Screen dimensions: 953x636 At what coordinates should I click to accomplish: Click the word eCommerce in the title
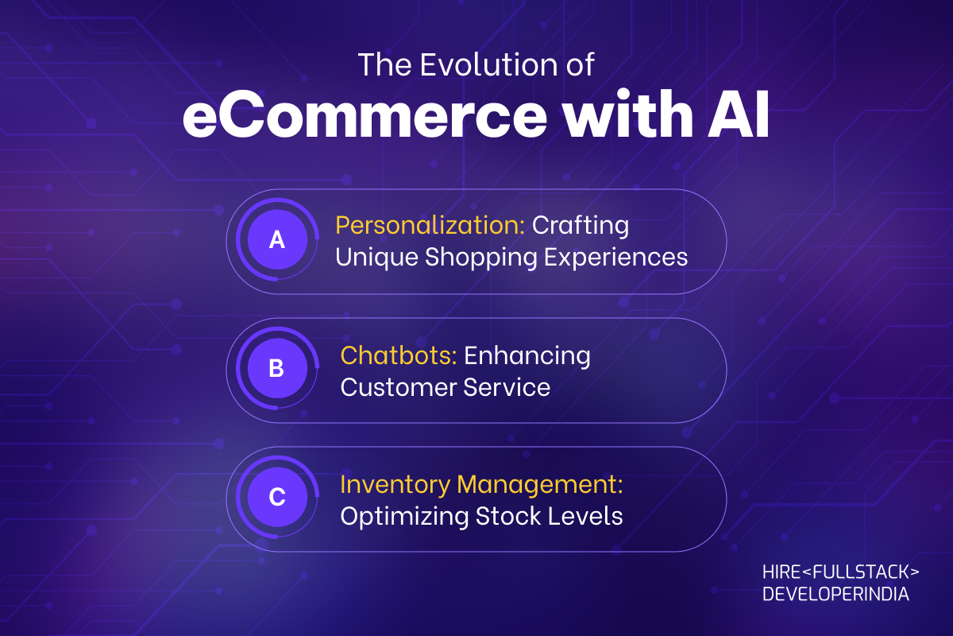(365, 115)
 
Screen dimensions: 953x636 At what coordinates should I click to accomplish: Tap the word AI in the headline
(738, 114)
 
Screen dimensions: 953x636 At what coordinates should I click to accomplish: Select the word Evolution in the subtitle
(489, 64)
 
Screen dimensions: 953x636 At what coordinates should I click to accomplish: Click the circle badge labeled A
(277, 239)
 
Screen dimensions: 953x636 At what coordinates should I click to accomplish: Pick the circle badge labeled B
(277, 368)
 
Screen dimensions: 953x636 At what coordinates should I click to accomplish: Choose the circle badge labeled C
(277, 497)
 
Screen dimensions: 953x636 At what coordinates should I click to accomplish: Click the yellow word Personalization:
(430, 225)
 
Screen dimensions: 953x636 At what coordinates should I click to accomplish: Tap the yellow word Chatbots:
(399, 355)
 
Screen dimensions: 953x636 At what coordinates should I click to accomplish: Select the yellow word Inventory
(395, 485)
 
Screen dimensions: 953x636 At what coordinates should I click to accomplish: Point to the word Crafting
(581, 226)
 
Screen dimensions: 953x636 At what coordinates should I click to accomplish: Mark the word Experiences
(616, 258)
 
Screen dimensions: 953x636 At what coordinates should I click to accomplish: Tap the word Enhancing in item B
(527, 356)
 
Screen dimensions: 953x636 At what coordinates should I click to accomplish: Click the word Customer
(398, 387)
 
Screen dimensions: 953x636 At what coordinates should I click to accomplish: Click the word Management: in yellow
(540, 485)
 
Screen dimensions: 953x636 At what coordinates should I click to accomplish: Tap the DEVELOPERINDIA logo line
(835, 594)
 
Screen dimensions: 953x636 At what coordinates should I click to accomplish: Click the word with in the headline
(627, 114)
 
